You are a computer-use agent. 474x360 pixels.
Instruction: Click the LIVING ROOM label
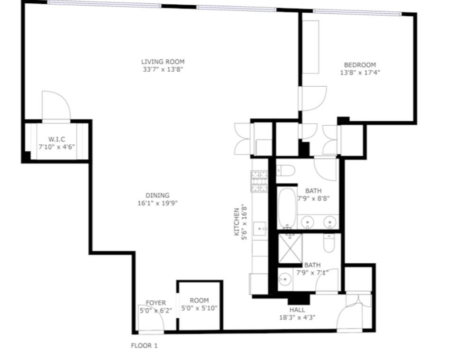(163, 62)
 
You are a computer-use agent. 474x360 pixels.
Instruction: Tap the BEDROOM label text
(360, 65)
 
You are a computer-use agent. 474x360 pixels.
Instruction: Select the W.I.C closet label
(56, 139)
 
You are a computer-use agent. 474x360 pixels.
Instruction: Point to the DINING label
(157, 195)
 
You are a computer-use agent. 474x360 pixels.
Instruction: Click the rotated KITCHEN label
(237, 222)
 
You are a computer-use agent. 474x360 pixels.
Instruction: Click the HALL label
(297, 310)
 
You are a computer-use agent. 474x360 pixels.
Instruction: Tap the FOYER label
(155, 303)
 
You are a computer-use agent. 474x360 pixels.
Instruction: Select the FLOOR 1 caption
(144, 345)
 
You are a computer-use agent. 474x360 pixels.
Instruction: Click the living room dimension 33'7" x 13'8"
(163, 70)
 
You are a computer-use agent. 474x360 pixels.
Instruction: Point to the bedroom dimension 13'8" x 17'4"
(360, 73)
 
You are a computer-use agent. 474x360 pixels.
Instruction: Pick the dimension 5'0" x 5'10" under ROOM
(199, 308)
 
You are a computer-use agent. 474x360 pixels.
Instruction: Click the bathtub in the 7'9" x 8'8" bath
(287, 209)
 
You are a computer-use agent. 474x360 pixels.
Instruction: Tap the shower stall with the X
(290, 249)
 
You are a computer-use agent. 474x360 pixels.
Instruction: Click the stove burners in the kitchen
(259, 182)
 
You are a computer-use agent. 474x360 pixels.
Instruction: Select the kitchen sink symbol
(260, 229)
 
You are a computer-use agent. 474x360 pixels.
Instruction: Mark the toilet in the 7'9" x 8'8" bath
(285, 171)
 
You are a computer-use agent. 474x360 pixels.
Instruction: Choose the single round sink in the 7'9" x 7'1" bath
(284, 280)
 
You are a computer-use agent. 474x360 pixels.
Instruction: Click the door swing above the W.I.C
(56, 105)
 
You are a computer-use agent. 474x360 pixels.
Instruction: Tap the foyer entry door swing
(151, 317)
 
